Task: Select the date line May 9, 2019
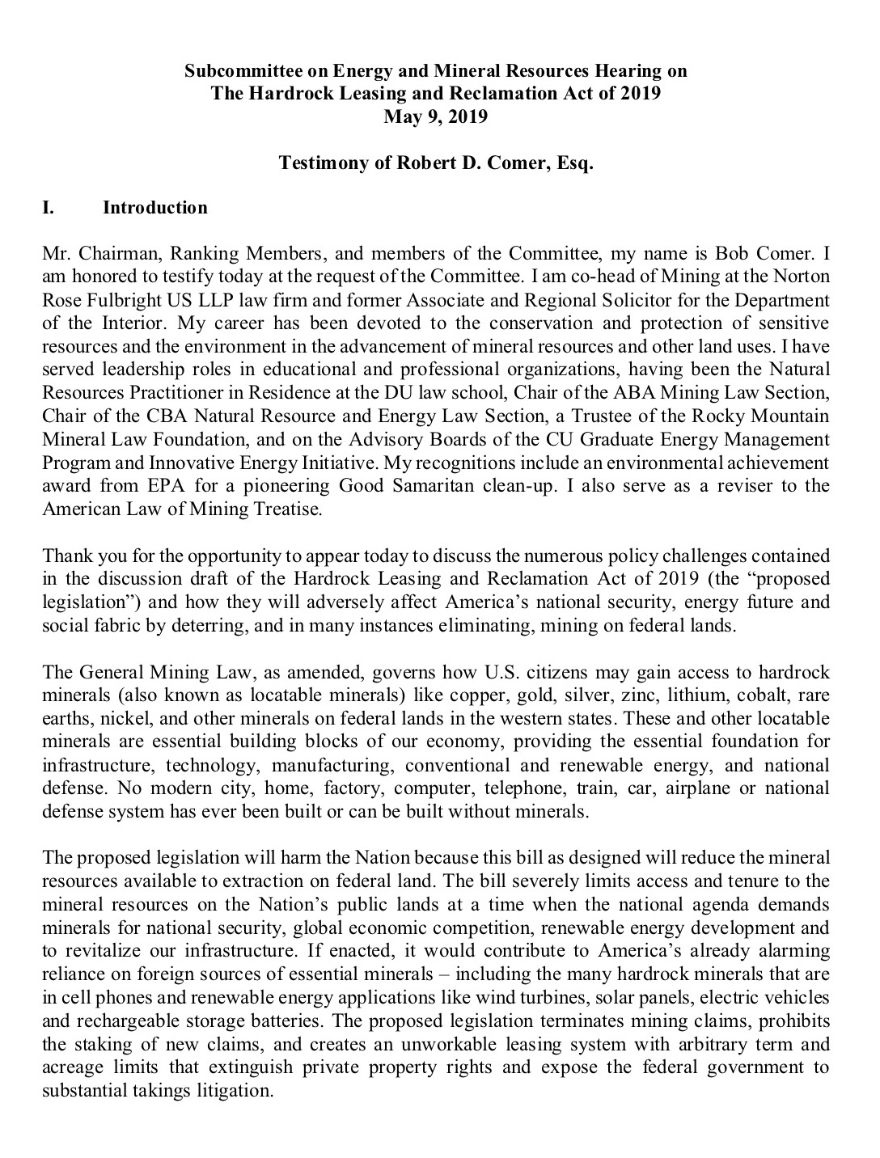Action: click(x=436, y=116)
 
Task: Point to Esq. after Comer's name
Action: click(x=574, y=163)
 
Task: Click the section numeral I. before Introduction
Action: click(x=49, y=208)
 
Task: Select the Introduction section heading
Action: click(x=154, y=208)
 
